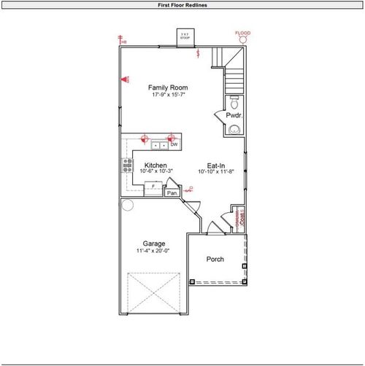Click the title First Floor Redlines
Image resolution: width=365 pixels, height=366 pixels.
(182, 4)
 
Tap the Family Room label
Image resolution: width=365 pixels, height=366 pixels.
(164, 87)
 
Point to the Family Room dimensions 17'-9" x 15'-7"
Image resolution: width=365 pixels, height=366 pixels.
(164, 95)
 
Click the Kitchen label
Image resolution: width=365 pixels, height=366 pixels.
(155, 165)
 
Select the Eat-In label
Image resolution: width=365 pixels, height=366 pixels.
(216, 165)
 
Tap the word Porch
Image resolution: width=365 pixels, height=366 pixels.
(215, 260)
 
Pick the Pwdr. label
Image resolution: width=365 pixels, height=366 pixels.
(234, 114)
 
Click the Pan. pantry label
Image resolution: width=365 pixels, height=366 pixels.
(172, 192)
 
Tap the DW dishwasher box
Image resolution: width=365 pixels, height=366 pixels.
(174, 144)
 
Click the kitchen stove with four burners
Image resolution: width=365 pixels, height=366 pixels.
(127, 165)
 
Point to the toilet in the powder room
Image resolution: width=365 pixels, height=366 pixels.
(234, 101)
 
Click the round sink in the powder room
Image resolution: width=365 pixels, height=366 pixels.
(234, 129)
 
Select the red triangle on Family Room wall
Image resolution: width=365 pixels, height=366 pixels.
(125, 79)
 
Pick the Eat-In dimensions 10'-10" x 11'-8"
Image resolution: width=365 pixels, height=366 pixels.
(217, 172)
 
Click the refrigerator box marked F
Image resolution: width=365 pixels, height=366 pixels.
(152, 189)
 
